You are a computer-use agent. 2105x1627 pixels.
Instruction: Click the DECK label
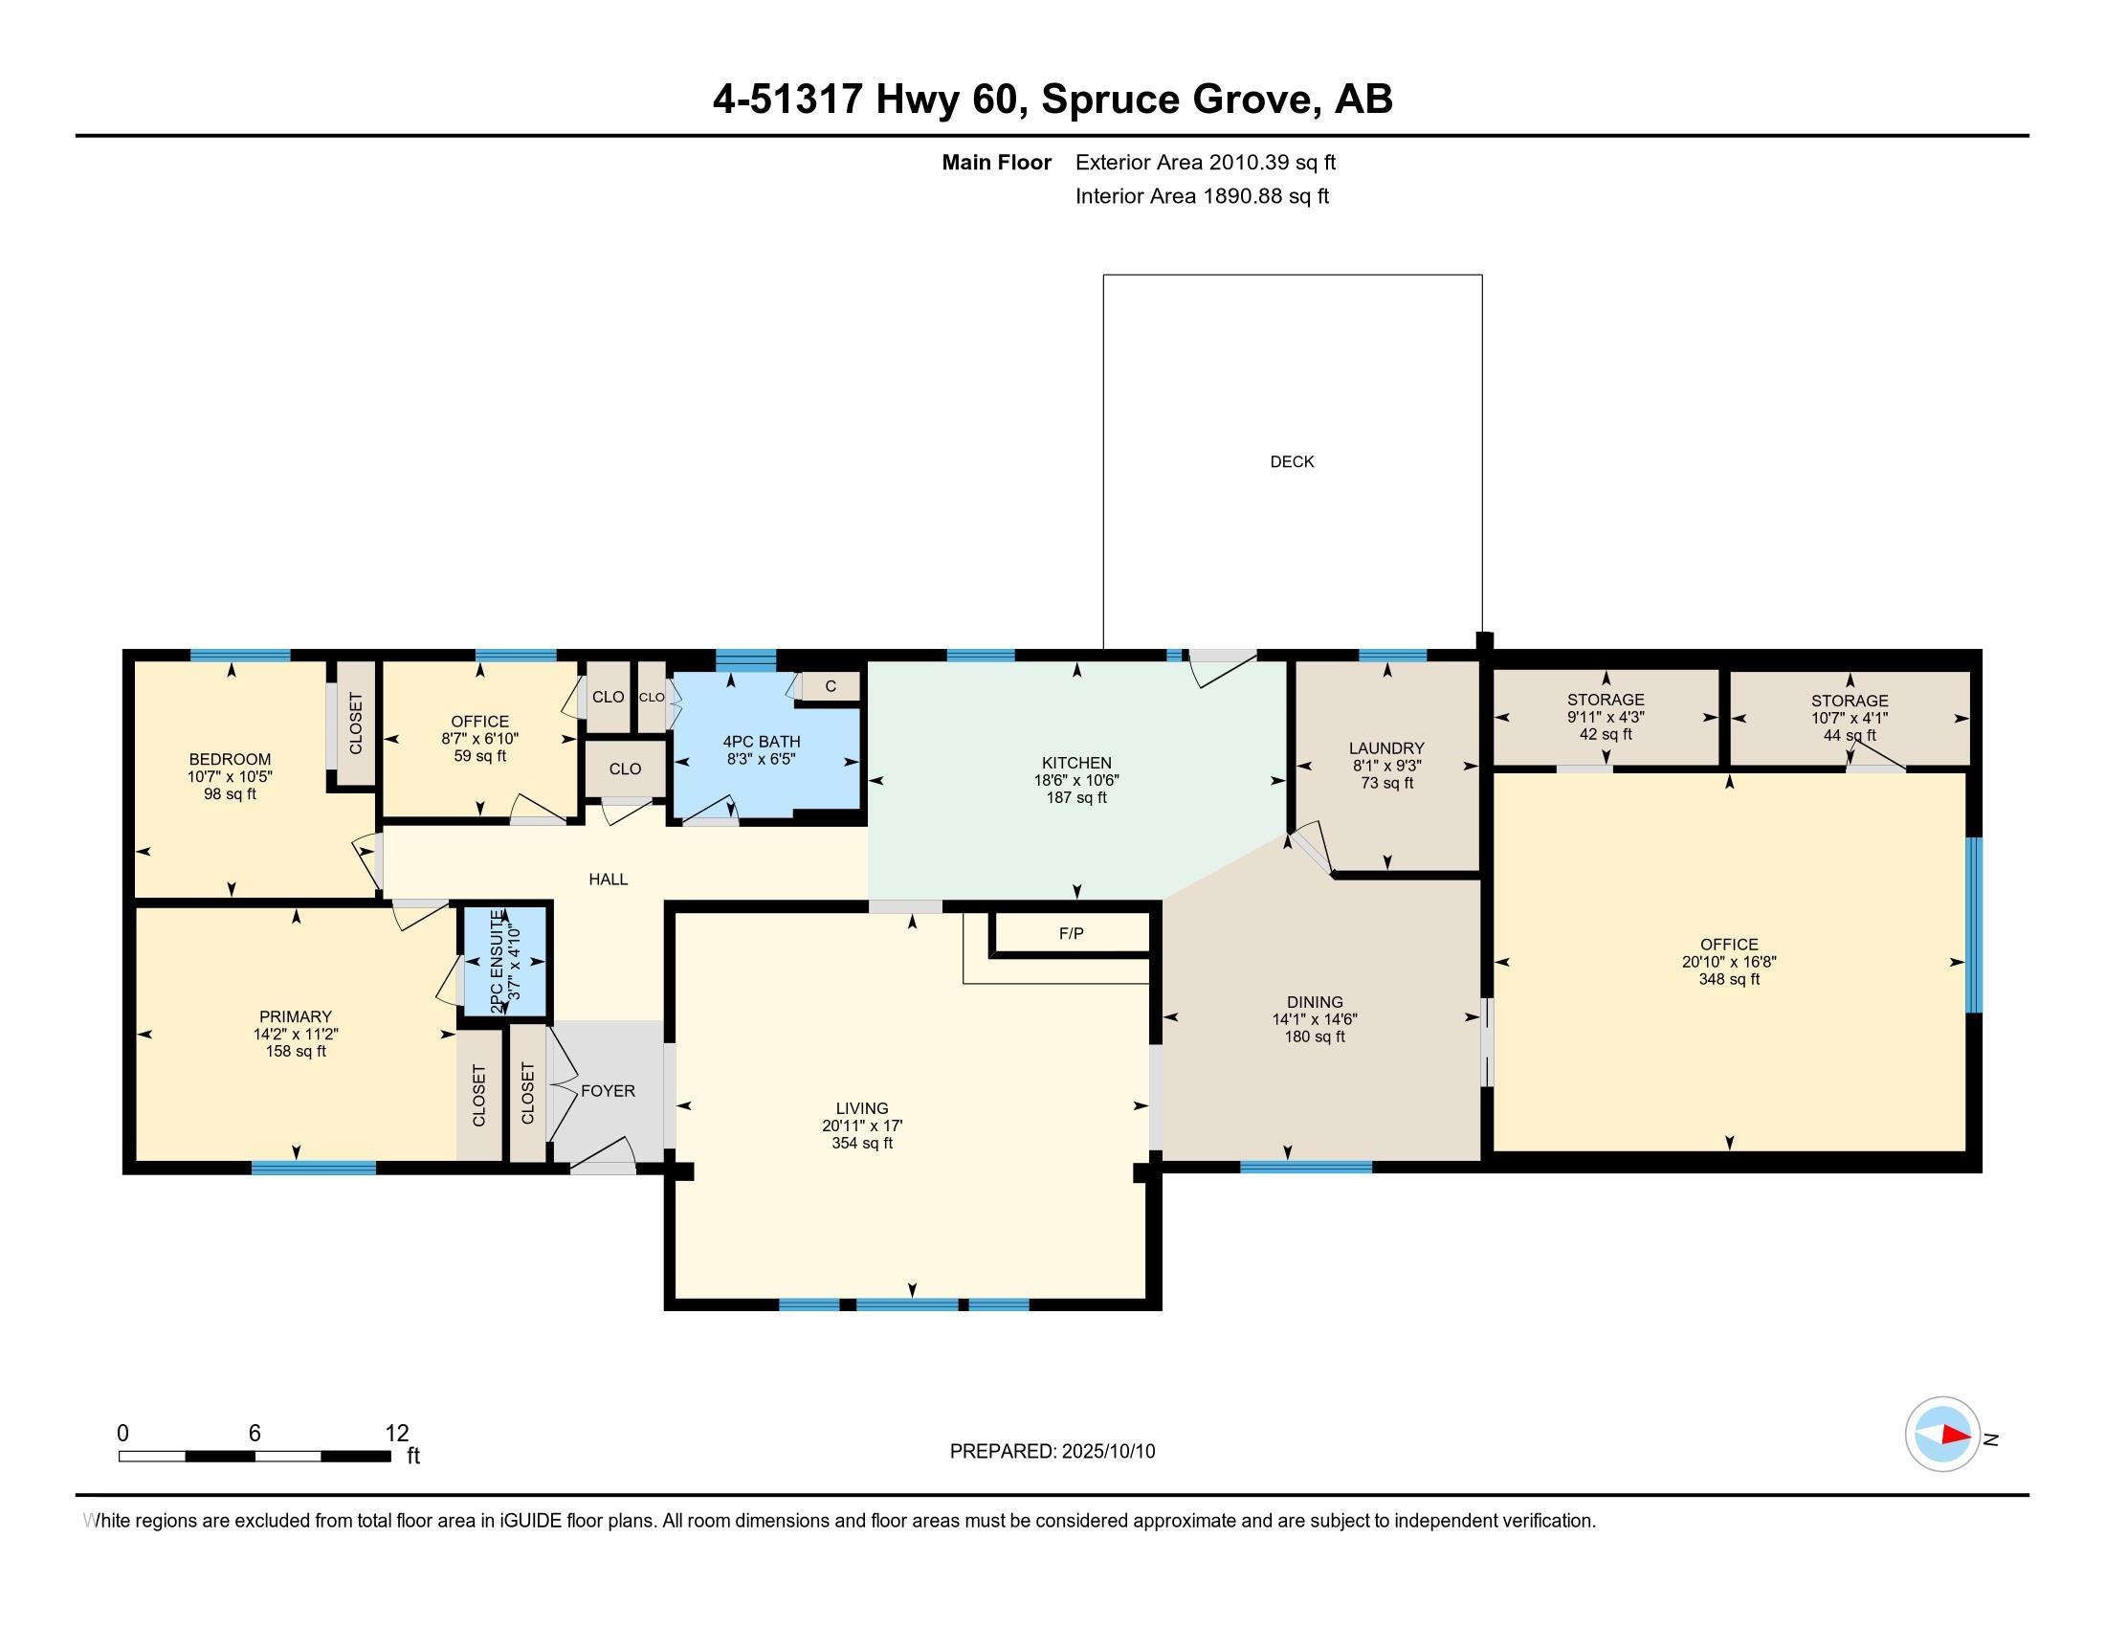pos(1292,461)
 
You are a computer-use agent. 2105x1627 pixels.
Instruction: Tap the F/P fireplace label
pos(1071,933)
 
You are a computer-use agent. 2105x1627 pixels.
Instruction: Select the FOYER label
pos(608,1090)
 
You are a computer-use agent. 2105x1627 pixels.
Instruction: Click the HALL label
pos(609,879)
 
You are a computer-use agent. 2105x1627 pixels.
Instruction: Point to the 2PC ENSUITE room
pos(506,961)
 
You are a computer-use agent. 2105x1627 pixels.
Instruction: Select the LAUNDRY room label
pos(1386,748)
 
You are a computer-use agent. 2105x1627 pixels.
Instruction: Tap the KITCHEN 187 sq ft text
pos(1076,798)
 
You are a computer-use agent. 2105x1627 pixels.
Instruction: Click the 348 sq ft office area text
pos(1729,979)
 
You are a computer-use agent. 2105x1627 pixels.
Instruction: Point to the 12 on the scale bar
pos(397,1434)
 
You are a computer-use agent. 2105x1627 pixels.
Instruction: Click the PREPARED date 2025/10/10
pos(1108,1452)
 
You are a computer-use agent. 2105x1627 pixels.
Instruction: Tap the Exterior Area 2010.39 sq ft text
pos(1206,162)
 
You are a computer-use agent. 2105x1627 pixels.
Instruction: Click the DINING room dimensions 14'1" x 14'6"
pos(1315,1020)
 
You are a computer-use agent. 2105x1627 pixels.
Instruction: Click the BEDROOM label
pos(230,760)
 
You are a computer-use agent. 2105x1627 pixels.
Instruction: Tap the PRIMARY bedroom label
pos(295,1016)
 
